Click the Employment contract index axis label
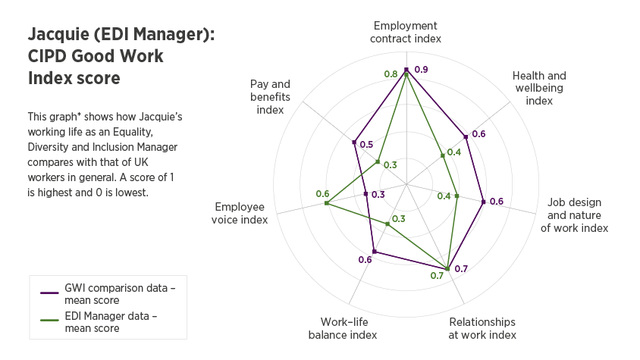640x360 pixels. coord(406,31)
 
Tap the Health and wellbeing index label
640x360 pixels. coord(539,88)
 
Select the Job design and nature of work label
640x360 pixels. coord(574,215)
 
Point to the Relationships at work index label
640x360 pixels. coord(482,328)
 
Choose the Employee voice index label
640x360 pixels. coord(241,213)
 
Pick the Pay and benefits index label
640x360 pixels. coord(270,96)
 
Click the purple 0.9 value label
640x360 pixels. coord(422,70)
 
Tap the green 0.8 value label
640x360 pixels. coord(391,74)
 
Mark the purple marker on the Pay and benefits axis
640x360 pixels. coord(354,142)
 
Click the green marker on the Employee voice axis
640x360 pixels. coord(326,203)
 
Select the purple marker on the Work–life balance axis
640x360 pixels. coord(374,252)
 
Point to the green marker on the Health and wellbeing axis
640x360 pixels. coord(443,156)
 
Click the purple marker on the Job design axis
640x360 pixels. coord(483,202)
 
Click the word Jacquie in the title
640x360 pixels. coord(57,35)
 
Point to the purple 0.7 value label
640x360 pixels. coord(461,268)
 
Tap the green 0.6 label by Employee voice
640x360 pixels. coord(322,193)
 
